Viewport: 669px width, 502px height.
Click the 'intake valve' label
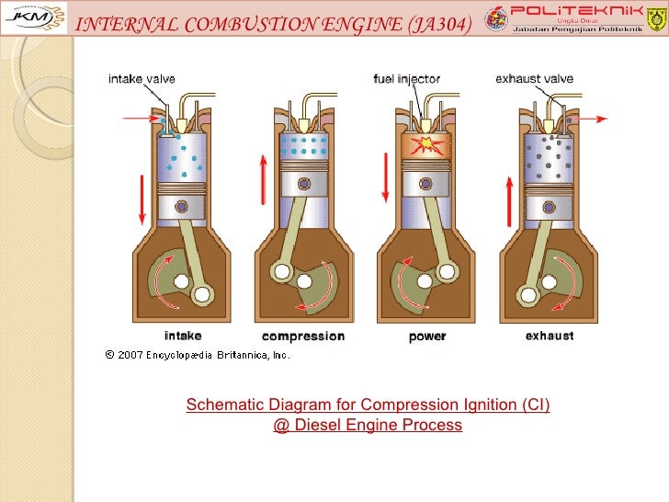click(142, 79)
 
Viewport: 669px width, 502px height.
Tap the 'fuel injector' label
click(405, 79)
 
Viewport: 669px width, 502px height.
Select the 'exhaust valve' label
click(534, 79)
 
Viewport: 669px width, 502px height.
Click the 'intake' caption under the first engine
click(183, 336)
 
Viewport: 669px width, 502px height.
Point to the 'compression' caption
click(303, 337)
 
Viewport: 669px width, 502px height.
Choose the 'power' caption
click(427, 337)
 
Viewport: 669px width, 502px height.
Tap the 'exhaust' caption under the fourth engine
click(550, 336)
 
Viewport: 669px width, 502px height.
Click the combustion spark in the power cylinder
click(427, 143)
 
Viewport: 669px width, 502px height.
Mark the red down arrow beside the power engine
click(384, 184)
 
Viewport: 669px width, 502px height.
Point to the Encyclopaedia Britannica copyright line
click(198, 354)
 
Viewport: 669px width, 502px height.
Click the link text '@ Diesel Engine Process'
click(368, 426)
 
